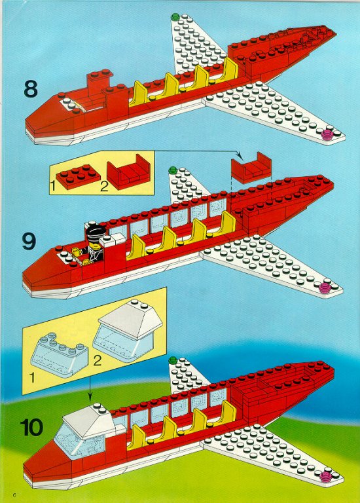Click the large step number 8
coord(31,88)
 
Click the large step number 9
coord(29,242)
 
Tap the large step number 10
coord(31,427)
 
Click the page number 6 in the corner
coord(14,494)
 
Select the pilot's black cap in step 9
coord(96,231)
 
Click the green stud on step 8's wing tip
coord(175,16)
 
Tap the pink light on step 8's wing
coord(327,135)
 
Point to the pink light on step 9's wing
coord(325,288)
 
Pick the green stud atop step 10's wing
coord(173,360)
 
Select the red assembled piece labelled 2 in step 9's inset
coord(128,172)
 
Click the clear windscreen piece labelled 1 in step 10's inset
coord(60,354)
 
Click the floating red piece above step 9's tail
coord(251,168)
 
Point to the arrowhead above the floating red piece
coord(240,157)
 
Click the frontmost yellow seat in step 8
coord(138,94)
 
